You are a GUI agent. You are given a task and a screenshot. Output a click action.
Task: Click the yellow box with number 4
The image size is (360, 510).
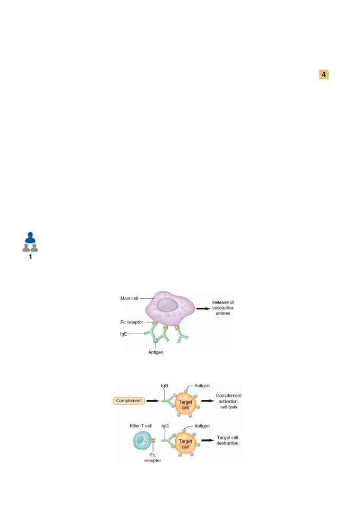point(323,74)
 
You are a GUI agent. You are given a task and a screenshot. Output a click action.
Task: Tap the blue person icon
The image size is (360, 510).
point(30,238)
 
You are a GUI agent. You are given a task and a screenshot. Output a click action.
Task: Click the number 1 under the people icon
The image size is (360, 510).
point(30,257)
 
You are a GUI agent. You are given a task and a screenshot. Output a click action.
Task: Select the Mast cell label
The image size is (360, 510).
point(129,298)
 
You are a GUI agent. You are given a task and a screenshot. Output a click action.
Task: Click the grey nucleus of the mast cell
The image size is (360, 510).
point(167,305)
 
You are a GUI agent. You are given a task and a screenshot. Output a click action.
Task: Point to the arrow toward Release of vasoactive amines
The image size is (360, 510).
point(203,308)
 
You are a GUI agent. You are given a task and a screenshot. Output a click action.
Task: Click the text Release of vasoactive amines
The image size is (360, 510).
point(223,308)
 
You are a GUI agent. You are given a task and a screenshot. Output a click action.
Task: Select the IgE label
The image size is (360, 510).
point(124,334)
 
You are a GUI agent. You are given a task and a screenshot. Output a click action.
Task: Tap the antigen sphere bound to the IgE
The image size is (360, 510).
point(156,341)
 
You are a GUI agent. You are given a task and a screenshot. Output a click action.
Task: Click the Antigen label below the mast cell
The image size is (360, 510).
point(156,352)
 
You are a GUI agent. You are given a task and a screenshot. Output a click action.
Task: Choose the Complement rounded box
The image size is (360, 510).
point(129,401)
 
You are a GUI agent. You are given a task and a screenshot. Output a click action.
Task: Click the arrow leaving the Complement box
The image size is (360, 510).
point(153,401)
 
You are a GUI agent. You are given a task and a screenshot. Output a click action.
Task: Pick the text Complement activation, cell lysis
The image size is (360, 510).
point(229,401)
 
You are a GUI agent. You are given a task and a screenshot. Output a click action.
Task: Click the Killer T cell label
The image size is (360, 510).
point(141,426)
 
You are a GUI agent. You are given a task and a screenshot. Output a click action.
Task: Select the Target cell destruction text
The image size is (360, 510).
point(227,440)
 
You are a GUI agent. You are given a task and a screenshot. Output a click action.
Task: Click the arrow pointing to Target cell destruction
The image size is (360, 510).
point(208,440)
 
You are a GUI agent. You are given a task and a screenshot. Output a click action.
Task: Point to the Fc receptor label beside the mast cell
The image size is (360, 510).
point(132,322)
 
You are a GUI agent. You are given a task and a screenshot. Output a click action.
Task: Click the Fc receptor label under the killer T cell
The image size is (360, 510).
point(152,457)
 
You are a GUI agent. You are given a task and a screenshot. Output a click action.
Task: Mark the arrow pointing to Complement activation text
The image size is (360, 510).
point(208,401)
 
